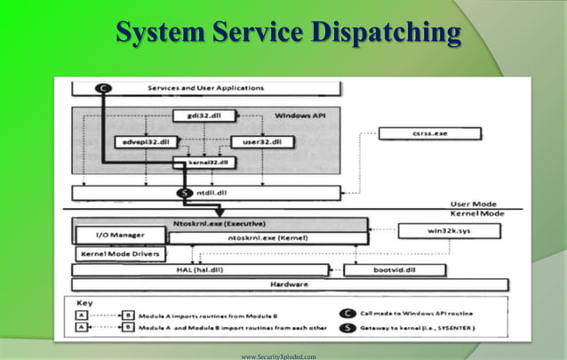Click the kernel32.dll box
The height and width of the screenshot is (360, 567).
pos(205,163)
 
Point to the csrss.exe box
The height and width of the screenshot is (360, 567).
pos(429,134)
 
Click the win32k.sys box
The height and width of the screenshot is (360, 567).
pos(450,230)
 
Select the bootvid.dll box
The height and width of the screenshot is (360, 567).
pos(383,269)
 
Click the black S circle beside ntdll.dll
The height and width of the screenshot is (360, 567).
pos(185,192)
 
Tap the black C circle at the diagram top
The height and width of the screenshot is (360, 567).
pos(103,87)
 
